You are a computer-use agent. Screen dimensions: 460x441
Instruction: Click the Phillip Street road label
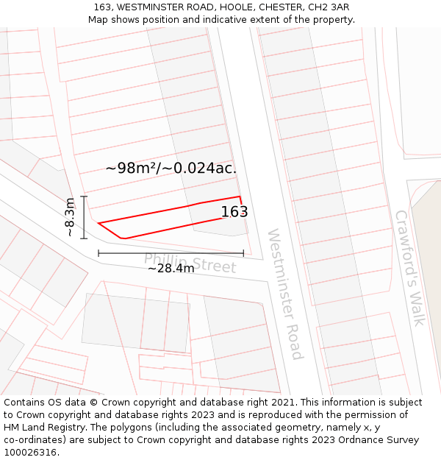click(190, 263)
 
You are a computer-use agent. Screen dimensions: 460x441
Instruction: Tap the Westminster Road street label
click(284, 294)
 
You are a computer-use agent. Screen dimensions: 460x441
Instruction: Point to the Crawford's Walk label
click(410, 268)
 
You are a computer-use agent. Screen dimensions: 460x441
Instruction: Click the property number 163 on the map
click(234, 212)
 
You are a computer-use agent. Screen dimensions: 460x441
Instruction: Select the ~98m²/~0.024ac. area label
click(171, 168)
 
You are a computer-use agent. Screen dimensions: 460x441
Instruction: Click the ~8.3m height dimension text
click(70, 217)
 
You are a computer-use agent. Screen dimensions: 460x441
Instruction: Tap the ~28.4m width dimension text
click(171, 269)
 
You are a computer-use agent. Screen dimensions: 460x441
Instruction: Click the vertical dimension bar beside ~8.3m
click(85, 217)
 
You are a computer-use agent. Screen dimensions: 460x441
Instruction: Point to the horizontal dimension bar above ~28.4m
click(171, 253)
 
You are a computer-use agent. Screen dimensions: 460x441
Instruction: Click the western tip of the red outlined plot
click(98, 223)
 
